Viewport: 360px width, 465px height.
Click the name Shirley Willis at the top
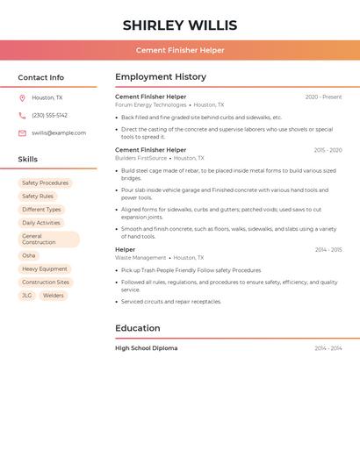click(180, 25)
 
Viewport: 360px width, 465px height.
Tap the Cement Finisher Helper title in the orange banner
click(180, 50)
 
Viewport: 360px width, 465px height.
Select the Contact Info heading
click(41, 77)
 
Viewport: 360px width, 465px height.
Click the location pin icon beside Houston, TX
click(22, 98)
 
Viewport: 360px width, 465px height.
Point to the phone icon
click(22, 116)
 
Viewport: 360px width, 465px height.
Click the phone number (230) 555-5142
click(49, 116)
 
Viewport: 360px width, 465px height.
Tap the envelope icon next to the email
click(22, 133)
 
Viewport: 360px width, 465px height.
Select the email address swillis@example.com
click(59, 133)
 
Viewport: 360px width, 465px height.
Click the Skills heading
click(28, 160)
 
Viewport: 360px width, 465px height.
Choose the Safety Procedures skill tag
click(45, 183)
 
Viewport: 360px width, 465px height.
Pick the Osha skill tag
click(29, 255)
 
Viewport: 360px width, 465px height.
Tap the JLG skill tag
click(27, 296)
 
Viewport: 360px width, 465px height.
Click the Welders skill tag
click(54, 296)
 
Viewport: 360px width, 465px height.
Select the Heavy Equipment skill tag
click(45, 269)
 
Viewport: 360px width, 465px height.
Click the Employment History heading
click(161, 77)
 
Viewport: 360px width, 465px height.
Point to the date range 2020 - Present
click(323, 97)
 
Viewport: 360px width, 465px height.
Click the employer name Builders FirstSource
click(140, 158)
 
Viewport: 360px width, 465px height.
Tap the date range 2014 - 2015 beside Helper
click(328, 250)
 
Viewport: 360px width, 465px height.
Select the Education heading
click(138, 328)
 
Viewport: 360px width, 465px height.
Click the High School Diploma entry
click(146, 348)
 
